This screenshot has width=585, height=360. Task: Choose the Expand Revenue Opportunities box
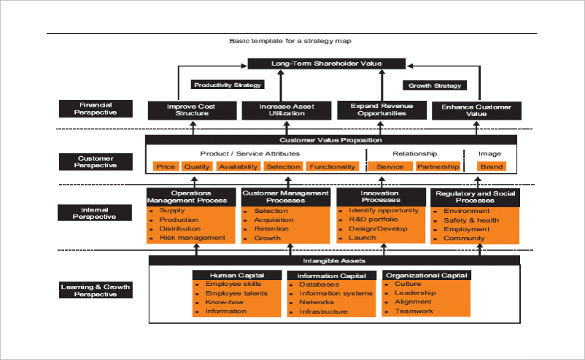click(x=379, y=111)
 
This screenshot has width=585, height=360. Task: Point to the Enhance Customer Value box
click(x=474, y=111)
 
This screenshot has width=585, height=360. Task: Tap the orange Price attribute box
click(x=167, y=167)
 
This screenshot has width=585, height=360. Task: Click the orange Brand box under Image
click(x=490, y=167)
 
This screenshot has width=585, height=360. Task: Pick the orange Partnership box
click(x=437, y=167)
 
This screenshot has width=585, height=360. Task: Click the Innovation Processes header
click(x=379, y=196)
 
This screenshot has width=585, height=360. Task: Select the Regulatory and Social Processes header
click(x=474, y=196)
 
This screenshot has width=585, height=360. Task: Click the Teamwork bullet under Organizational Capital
click(x=414, y=311)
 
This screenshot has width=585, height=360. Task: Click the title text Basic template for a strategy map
click(x=291, y=41)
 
